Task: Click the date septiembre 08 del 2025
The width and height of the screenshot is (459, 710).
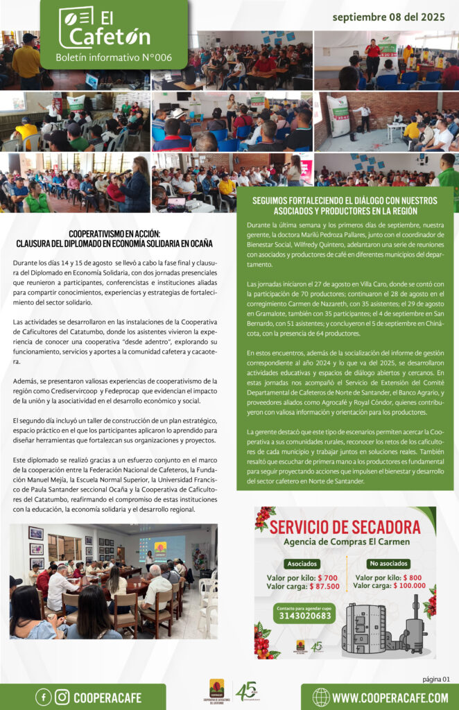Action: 389,16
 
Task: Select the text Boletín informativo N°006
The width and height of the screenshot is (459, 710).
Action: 113,57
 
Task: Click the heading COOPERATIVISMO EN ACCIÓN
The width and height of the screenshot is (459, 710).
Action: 114,234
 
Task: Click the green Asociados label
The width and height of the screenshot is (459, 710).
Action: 300,564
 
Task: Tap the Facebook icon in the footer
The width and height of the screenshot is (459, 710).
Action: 43,697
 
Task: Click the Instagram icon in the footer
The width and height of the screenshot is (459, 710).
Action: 62,697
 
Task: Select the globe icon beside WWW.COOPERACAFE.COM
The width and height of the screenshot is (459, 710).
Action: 321,697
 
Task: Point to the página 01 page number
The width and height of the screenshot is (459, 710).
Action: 436,679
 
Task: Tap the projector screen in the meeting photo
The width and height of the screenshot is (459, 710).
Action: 162,547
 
